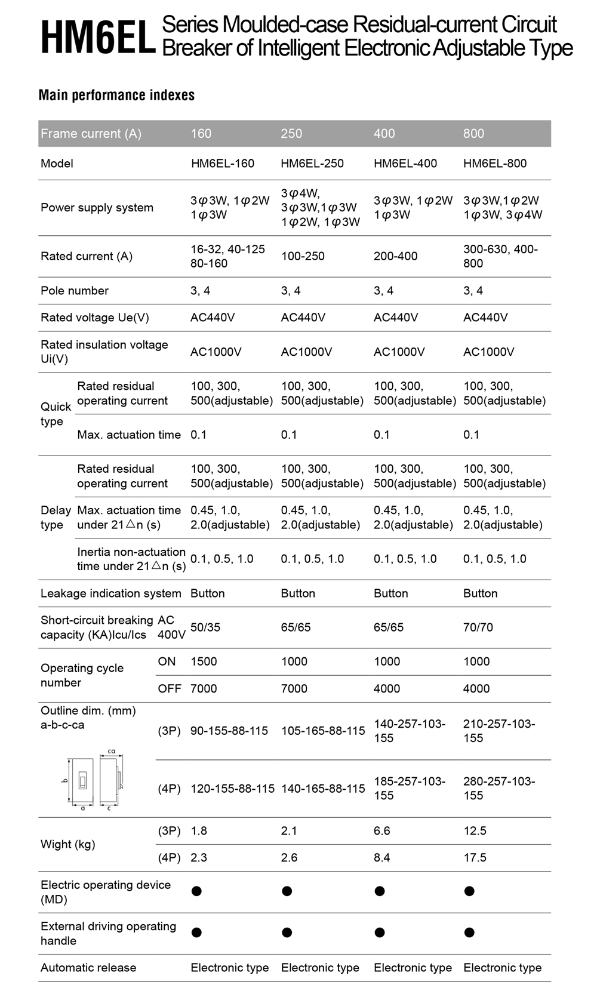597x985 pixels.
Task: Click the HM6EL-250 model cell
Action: tap(312, 164)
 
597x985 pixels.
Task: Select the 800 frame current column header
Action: tap(473, 134)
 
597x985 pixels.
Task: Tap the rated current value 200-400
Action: tap(395, 256)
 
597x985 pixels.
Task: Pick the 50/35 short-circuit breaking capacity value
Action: tap(205, 627)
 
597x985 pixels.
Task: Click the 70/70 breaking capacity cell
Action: tap(478, 627)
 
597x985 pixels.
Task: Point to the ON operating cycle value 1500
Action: tap(204, 661)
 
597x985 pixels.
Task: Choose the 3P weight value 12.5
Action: tap(475, 831)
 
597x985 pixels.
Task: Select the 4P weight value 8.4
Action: tap(381, 858)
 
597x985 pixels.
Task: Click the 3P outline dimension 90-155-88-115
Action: tap(229, 731)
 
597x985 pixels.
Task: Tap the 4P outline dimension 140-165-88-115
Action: tap(323, 789)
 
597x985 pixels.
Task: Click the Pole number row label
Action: tap(75, 291)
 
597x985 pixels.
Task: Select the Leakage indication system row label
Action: tap(110, 593)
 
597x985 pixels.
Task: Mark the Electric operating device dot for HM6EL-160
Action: tap(196, 891)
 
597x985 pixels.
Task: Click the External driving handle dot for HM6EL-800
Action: tap(469, 932)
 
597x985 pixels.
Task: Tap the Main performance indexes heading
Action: tap(116, 96)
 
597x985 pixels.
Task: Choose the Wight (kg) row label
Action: tap(67, 844)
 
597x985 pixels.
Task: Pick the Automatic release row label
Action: tap(88, 968)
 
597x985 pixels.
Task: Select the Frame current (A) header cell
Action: tap(91, 134)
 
